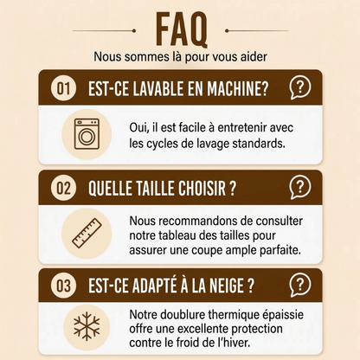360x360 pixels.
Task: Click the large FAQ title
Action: pos(182,30)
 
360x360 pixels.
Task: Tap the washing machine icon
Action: pos(87,134)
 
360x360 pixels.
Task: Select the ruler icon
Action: pos(87,233)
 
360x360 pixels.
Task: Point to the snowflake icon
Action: pos(87,325)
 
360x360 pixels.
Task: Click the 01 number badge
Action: pos(63,88)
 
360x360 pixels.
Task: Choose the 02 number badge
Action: pos(63,188)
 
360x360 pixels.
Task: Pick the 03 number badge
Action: pos(63,286)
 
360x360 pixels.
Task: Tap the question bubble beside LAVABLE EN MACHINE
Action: pos(300,87)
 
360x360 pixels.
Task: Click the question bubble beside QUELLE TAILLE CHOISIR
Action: pos(300,188)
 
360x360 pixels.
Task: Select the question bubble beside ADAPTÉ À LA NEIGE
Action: pos(300,285)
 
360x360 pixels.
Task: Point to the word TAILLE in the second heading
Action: pos(153,189)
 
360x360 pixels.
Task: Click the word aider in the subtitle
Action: pos(254,56)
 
